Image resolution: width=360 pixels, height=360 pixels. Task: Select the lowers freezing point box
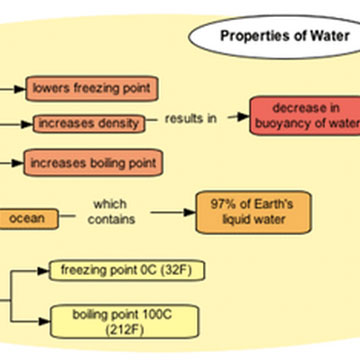(91, 88)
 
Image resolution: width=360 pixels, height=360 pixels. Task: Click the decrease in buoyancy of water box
(303, 116)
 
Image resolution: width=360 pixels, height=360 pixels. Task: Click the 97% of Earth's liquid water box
(241, 212)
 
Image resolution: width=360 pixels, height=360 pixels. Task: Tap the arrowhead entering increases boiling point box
(20, 161)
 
